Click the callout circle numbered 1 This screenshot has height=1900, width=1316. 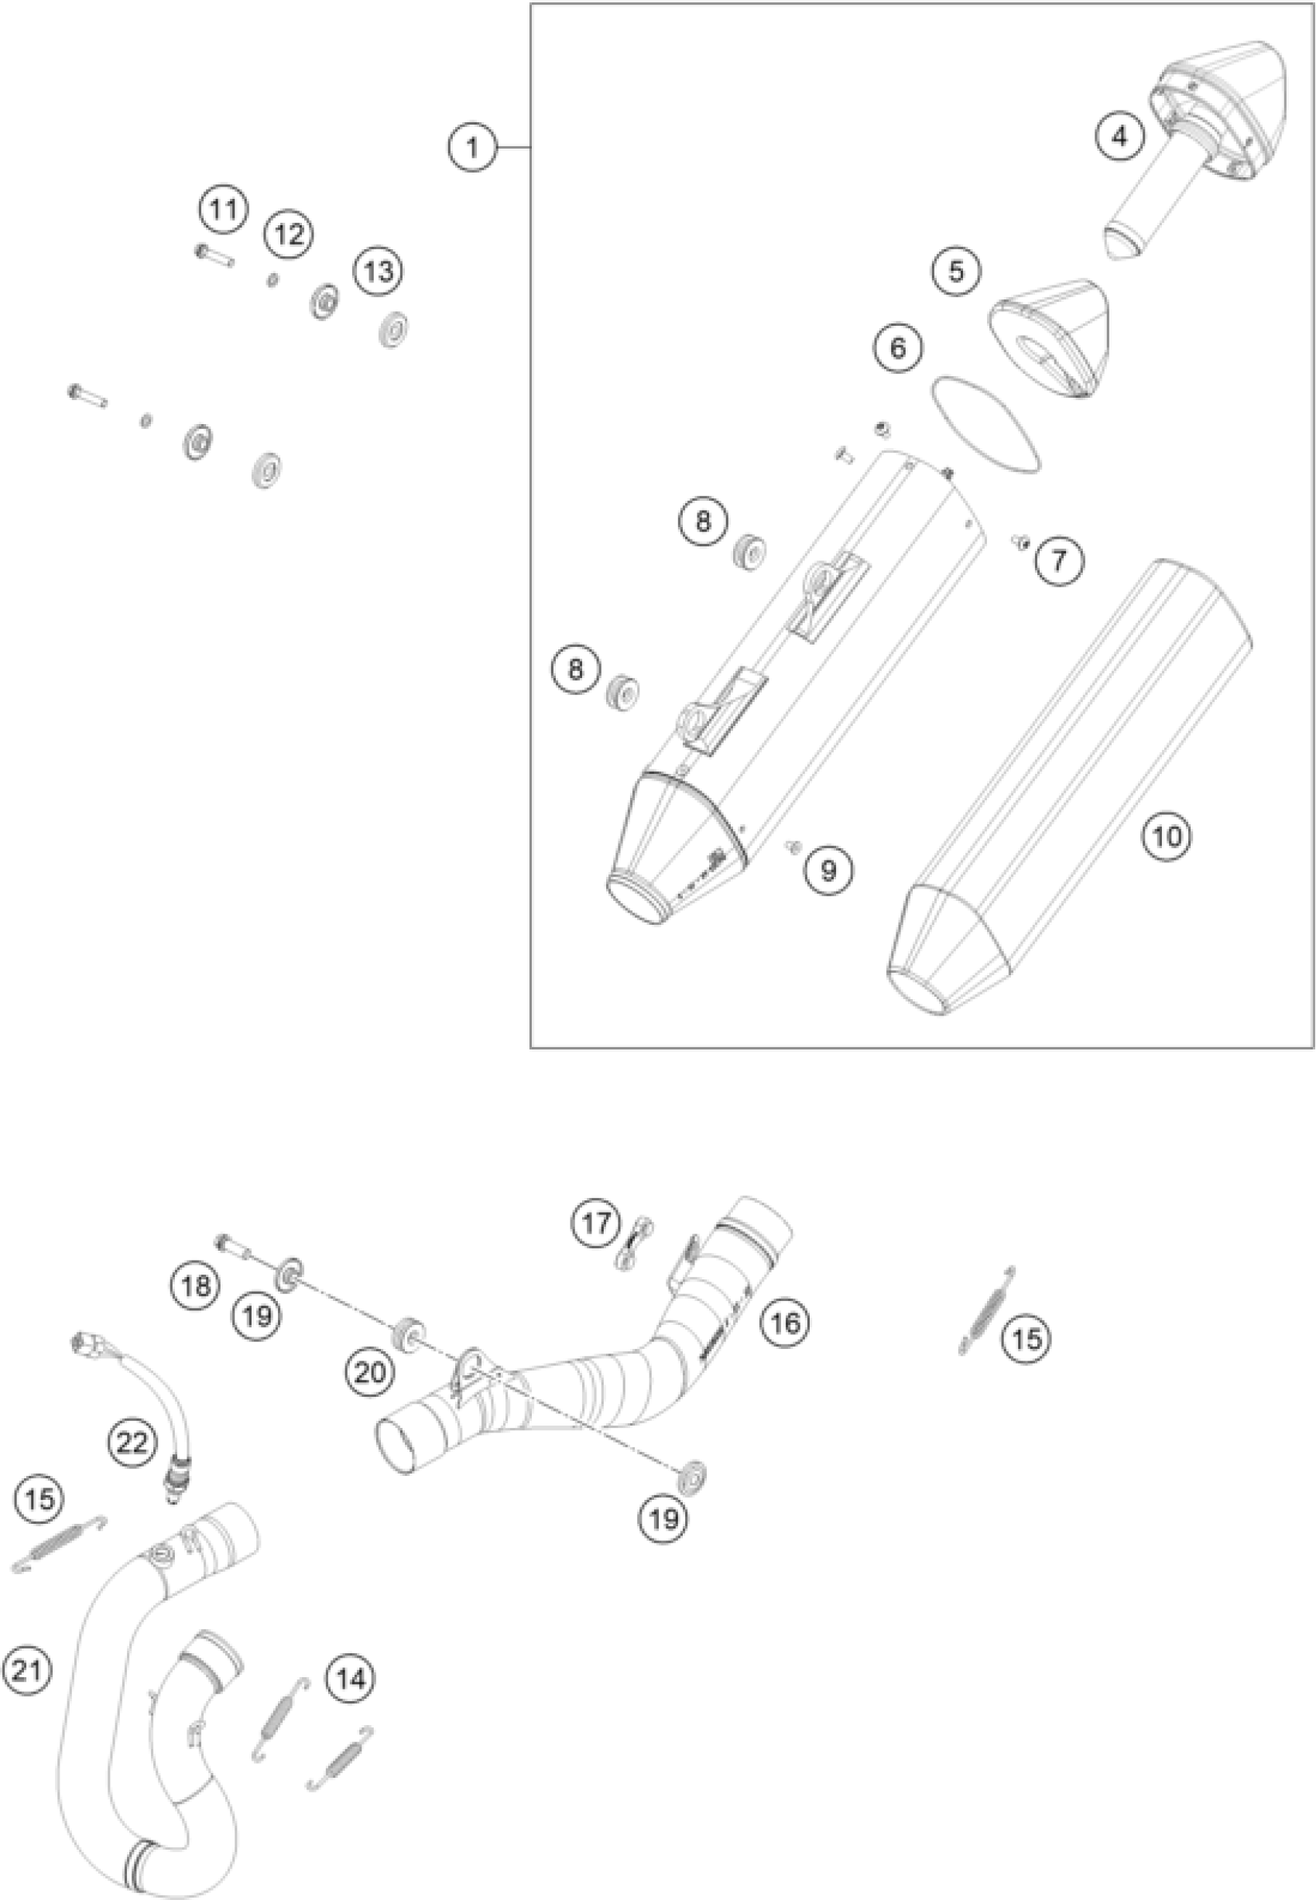click(472, 148)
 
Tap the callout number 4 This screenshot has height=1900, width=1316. click(1119, 137)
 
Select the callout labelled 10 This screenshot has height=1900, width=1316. click(1167, 837)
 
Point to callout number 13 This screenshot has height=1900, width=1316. click(379, 270)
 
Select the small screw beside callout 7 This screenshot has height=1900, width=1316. click(1022, 541)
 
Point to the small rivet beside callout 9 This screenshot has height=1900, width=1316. click(794, 845)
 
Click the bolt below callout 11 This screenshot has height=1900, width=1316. click(214, 255)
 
